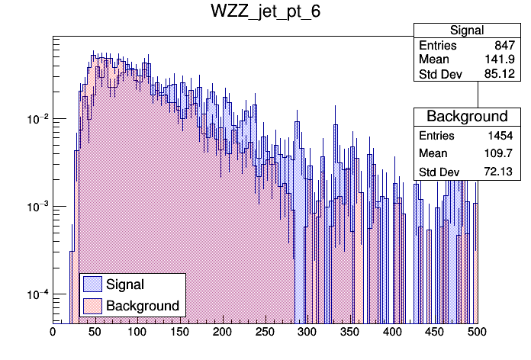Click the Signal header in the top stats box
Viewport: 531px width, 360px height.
pyautogui.click(x=467, y=31)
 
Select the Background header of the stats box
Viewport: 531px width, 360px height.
pyautogui.click(x=467, y=117)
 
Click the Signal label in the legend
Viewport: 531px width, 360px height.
pyautogui.click(x=125, y=284)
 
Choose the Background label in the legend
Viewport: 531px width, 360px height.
pyautogui.click(x=143, y=306)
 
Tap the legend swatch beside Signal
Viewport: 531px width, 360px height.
pyautogui.click(x=92, y=284)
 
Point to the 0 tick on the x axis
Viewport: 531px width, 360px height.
pyautogui.click(x=53, y=333)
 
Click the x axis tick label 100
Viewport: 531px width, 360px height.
pyautogui.click(x=137, y=333)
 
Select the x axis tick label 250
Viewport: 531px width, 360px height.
pyautogui.click(x=265, y=333)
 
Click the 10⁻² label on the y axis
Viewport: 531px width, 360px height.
pyautogui.click(x=37, y=119)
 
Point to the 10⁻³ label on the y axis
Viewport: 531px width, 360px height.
pyautogui.click(x=37, y=207)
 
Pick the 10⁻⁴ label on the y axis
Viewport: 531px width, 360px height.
pyautogui.click(x=37, y=294)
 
